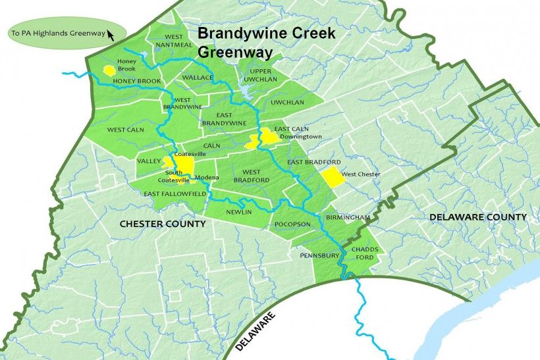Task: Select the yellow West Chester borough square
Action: [x=332, y=176]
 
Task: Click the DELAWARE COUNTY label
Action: [x=477, y=217]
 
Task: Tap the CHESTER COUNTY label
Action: [x=163, y=224]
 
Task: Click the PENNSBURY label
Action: [x=319, y=255]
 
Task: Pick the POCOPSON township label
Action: [x=292, y=224]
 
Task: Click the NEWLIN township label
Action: [x=238, y=213]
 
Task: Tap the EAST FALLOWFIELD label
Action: [x=175, y=194]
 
